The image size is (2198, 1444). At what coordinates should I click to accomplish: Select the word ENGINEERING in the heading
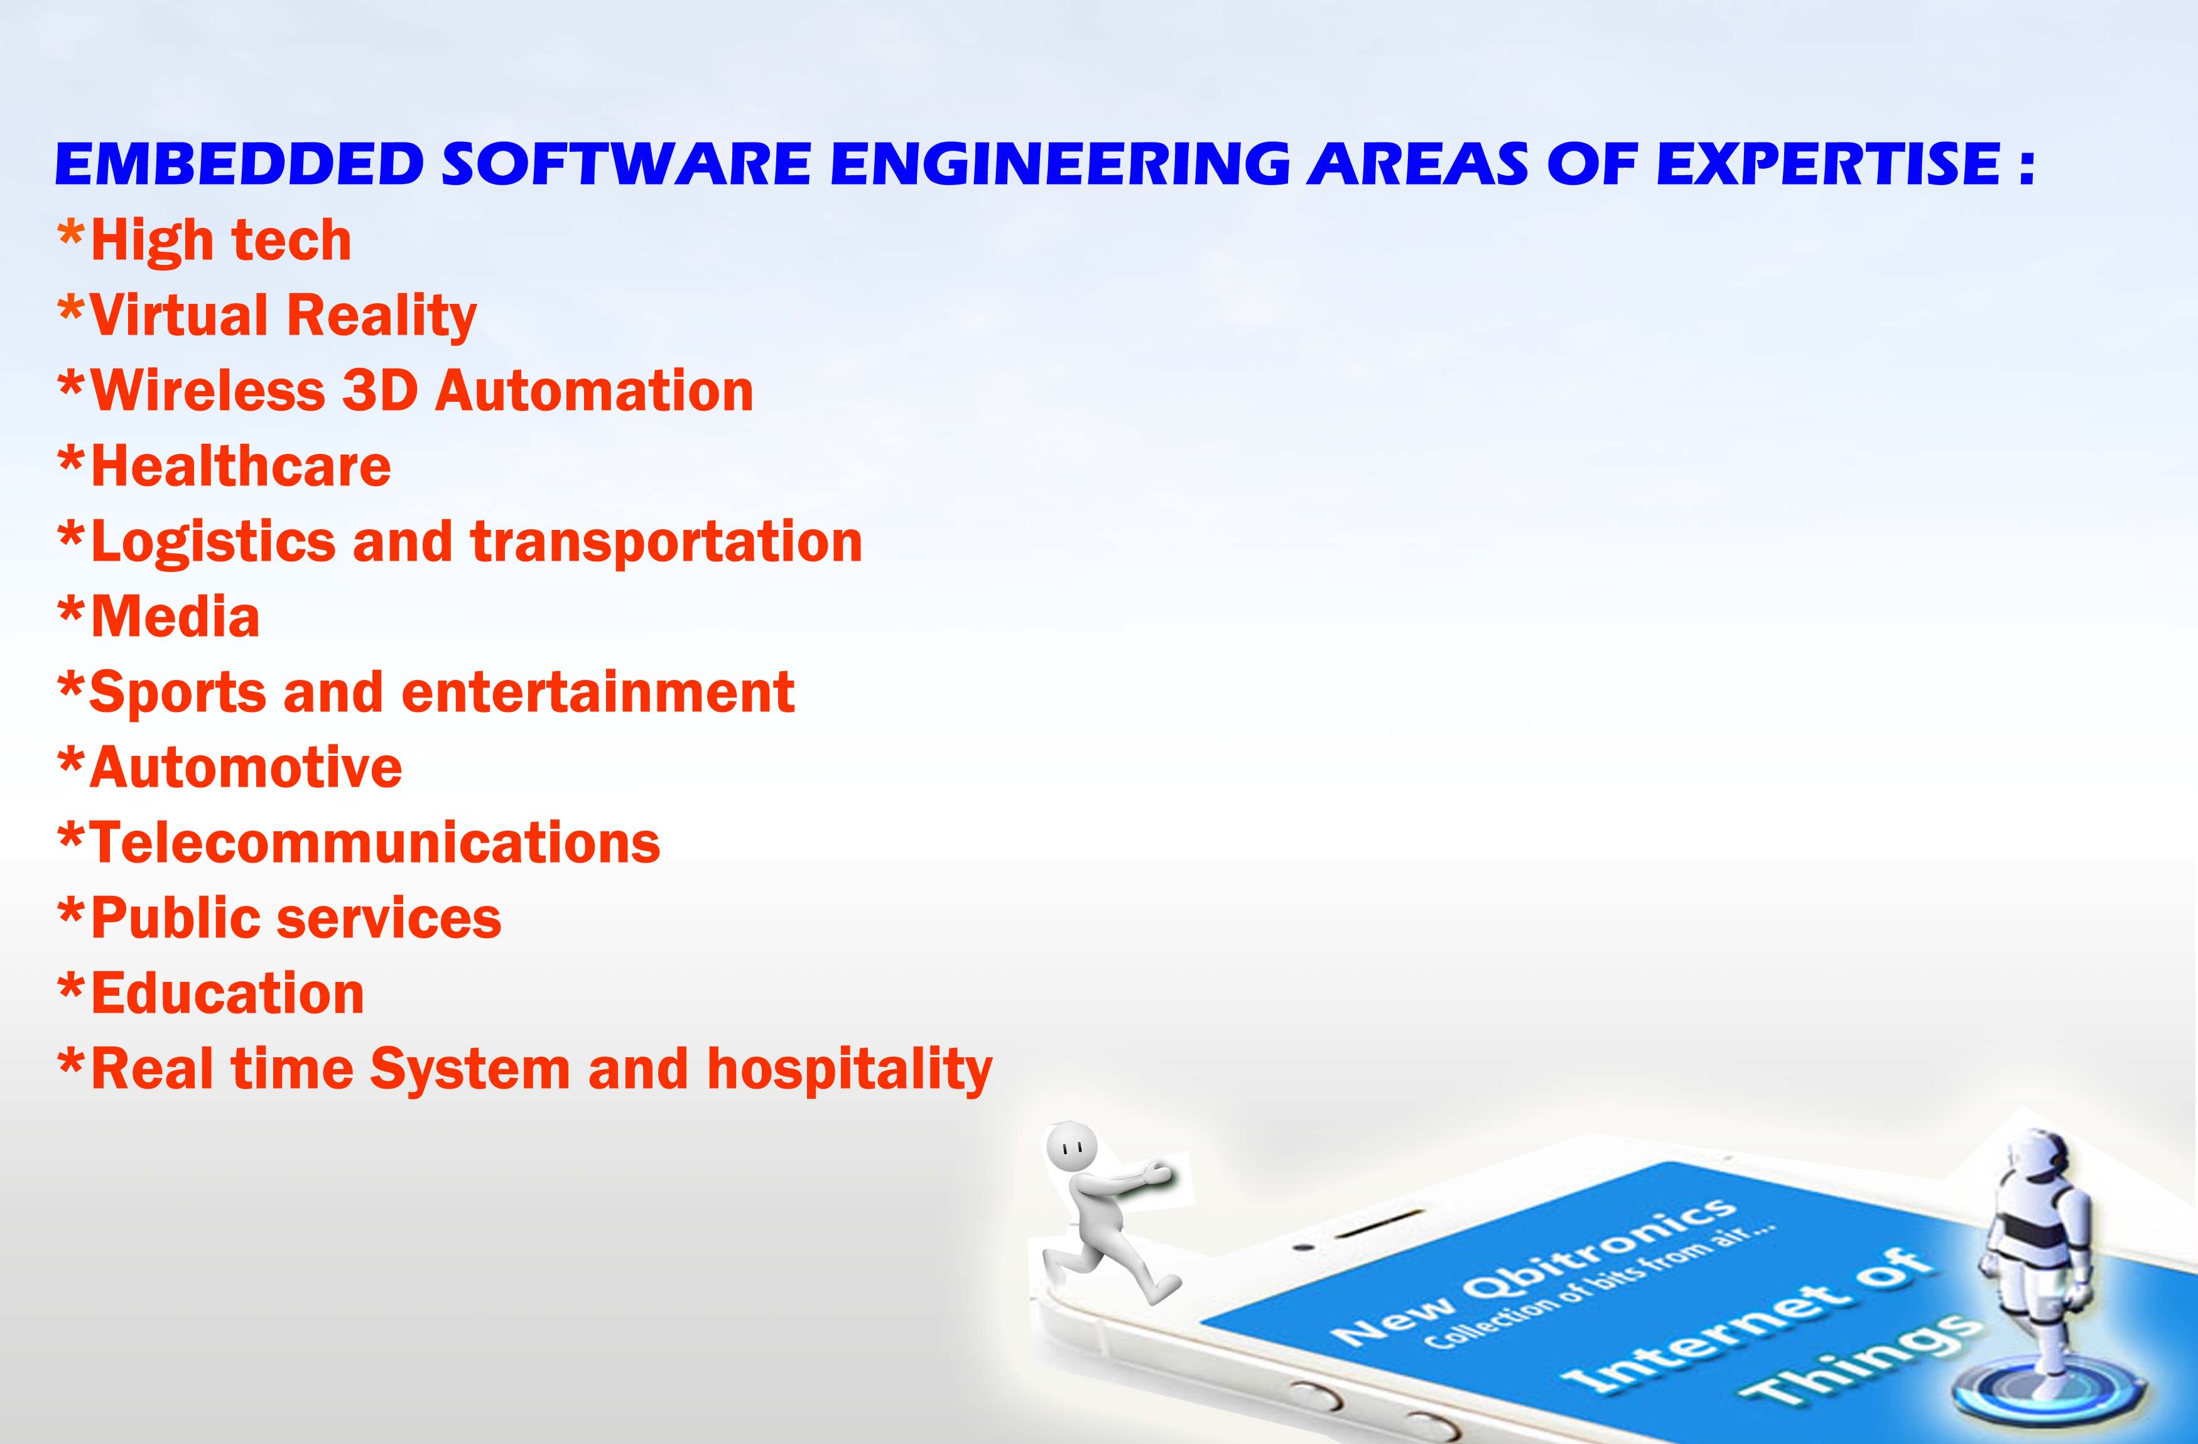click(1060, 164)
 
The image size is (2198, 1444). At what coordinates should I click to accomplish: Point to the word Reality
click(381, 316)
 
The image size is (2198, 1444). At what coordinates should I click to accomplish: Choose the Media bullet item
click(159, 617)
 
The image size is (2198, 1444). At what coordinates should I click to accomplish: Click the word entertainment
click(598, 692)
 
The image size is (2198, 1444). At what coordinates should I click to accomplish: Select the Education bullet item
click(212, 993)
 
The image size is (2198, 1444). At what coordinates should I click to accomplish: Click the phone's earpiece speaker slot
click(1380, 1222)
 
